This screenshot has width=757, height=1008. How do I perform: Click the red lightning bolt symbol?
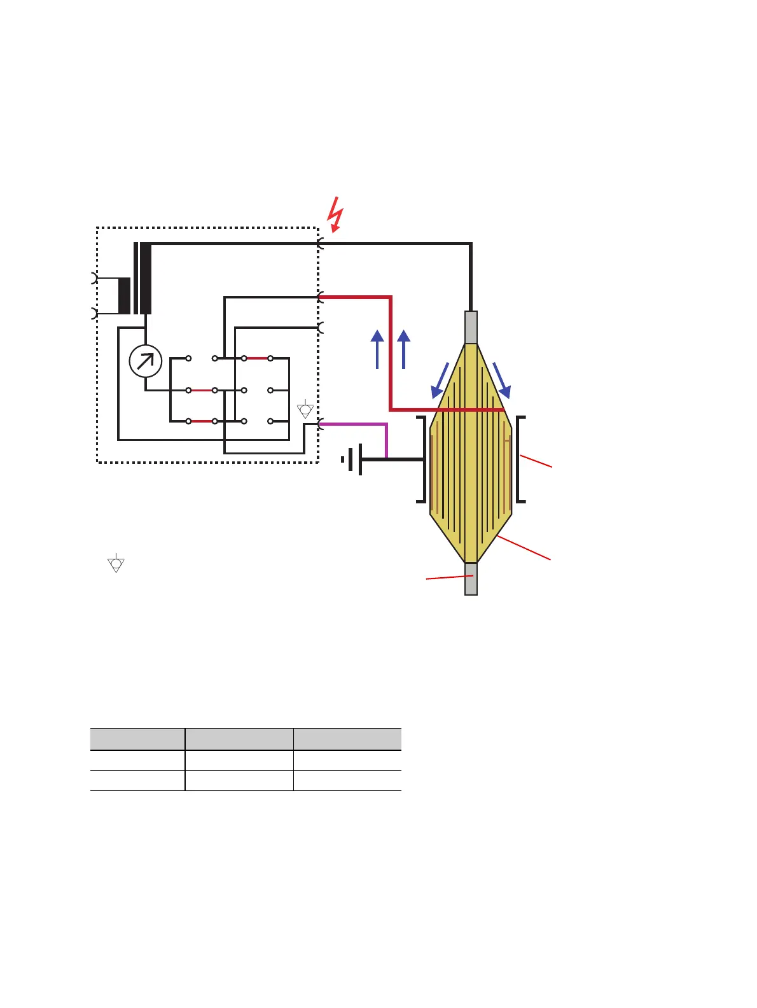(x=335, y=214)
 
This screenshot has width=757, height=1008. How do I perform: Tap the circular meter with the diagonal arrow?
(x=146, y=361)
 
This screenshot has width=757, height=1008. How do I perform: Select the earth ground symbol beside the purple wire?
(x=352, y=459)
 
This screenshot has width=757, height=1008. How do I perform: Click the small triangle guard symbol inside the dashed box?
(x=305, y=409)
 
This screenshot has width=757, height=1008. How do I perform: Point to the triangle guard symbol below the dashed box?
(x=116, y=563)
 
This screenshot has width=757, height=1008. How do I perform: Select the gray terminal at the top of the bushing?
(x=471, y=327)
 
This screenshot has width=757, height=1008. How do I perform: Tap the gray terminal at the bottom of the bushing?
(x=471, y=578)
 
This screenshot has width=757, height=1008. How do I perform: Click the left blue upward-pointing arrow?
(x=377, y=349)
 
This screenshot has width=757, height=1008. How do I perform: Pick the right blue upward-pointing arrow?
(x=403, y=349)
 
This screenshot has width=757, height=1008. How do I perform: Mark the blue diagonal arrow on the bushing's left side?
(x=441, y=381)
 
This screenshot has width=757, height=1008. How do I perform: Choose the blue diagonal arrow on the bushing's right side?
(x=501, y=381)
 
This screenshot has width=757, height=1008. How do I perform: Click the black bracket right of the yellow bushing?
(x=520, y=459)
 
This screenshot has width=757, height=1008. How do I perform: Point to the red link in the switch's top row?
(x=257, y=358)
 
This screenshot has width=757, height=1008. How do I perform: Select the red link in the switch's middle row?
(x=202, y=390)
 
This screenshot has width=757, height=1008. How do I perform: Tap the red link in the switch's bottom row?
(x=202, y=421)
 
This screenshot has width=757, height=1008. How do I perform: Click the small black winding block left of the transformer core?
(x=124, y=296)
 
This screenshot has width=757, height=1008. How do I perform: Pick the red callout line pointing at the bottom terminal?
(x=449, y=577)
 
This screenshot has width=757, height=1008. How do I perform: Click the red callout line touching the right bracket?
(x=536, y=461)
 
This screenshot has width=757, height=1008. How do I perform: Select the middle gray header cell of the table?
(x=239, y=739)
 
